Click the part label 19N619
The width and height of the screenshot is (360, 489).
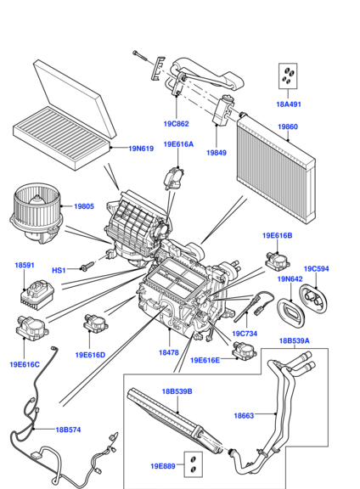tap(141, 149)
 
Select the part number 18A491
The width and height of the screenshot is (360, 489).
tap(289, 104)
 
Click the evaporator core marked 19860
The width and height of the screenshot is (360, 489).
tap(277, 169)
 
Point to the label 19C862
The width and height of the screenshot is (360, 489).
tap(177, 124)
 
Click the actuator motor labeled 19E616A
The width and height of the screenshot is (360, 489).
tap(174, 178)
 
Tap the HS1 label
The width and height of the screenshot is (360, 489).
tap(59, 270)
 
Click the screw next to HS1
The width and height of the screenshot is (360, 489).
tap(87, 266)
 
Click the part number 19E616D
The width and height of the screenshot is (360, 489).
tap(91, 355)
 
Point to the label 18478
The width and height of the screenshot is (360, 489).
tap(169, 352)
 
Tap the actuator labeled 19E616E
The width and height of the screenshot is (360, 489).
tap(245, 351)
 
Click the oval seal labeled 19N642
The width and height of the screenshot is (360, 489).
tap(290, 312)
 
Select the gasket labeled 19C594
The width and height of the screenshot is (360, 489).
tap(314, 300)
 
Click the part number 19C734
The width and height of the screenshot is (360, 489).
tap(245, 334)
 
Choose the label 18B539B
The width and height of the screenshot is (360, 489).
tap(177, 391)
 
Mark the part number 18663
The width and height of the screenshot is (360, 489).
tap(244, 415)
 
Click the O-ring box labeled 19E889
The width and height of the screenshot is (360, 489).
tap(193, 464)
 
